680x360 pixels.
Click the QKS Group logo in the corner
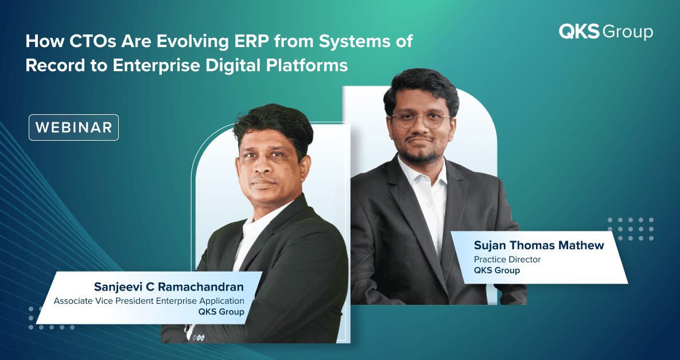coord(606,32)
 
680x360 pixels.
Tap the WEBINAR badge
coord(73,127)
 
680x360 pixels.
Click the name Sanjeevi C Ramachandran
coord(169,287)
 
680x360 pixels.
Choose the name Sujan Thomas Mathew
coord(539,246)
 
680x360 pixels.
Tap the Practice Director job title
coord(507,260)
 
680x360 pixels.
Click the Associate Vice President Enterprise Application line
coord(149,301)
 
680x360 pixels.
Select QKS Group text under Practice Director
coord(496,270)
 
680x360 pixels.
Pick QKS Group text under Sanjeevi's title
coord(221,312)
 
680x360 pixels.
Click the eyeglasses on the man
coord(420,120)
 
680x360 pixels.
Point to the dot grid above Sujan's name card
coord(631,229)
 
